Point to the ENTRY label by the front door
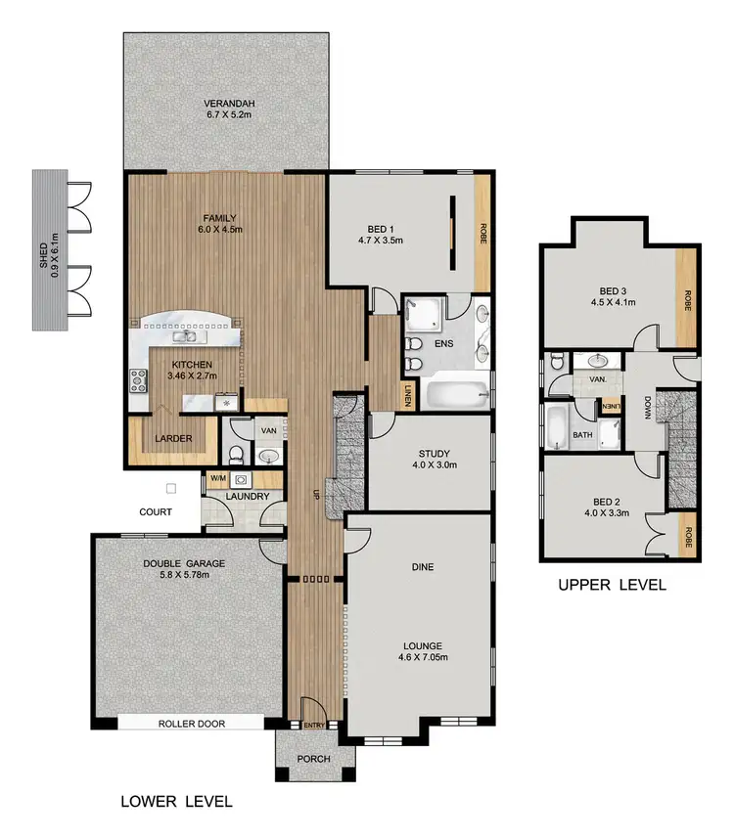pyautogui.click(x=314, y=725)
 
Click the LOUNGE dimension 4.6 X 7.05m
pyautogui.click(x=422, y=658)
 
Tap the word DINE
pyautogui.click(x=423, y=567)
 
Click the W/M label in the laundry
pyautogui.click(x=218, y=478)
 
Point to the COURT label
pyautogui.click(x=155, y=511)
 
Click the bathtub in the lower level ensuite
pyautogui.click(x=458, y=396)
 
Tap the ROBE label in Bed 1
pyautogui.click(x=482, y=234)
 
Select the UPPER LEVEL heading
pyautogui.click(x=612, y=586)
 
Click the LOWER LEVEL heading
pyautogui.click(x=176, y=802)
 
